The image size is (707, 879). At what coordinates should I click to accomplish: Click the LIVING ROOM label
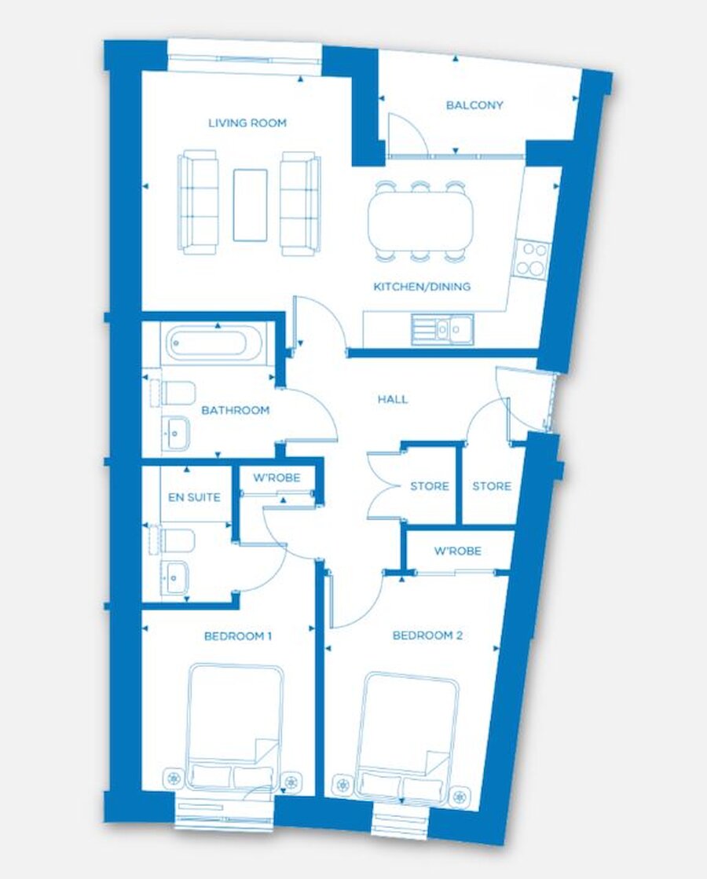(x=247, y=123)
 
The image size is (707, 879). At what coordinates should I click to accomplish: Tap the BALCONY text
(x=474, y=105)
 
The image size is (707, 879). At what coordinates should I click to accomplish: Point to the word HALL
(x=393, y=399)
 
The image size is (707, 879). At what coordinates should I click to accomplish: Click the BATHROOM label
(x=236, y=410)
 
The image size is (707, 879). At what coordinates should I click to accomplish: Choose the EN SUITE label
(x=189, y=497)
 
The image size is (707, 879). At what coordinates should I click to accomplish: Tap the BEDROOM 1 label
(x=237, y=635)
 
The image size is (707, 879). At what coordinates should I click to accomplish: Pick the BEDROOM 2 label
(x=427, y=635)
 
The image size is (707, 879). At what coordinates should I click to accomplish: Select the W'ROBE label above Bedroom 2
(x=457, y=551)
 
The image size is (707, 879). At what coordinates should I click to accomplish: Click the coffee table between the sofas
(x=250, y=204)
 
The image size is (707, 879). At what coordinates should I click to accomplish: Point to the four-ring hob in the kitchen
(x=532, y=258)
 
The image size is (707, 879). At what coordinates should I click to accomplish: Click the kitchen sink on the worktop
(x=442, y=329)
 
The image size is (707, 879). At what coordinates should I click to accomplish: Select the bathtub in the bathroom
(x=214, y=343)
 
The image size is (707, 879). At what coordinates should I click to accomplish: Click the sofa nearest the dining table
(x=300, y=203)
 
